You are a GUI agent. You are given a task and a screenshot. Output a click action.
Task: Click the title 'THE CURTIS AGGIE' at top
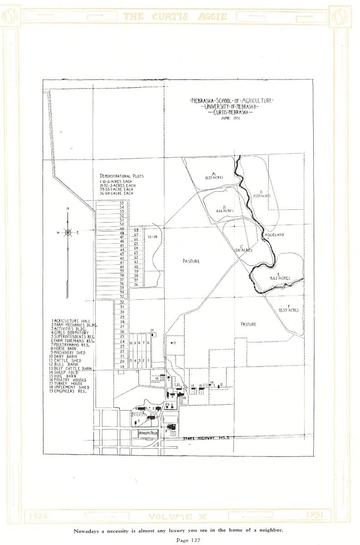point(179,16)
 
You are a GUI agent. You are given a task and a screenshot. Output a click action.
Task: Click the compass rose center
point(68,232)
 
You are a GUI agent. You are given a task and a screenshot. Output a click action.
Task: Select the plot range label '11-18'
point(152,237)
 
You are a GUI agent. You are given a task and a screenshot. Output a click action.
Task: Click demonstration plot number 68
point(136,230)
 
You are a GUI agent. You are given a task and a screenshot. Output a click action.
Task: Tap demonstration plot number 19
point(122,367)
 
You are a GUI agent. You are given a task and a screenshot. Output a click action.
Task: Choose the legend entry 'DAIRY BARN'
point(64,357)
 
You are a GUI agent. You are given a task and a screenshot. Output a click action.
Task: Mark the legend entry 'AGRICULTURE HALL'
point(70,321)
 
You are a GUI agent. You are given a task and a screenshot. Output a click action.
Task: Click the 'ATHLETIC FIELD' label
point(148,433)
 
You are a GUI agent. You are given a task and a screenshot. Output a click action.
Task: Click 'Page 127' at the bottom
point(180,540)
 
